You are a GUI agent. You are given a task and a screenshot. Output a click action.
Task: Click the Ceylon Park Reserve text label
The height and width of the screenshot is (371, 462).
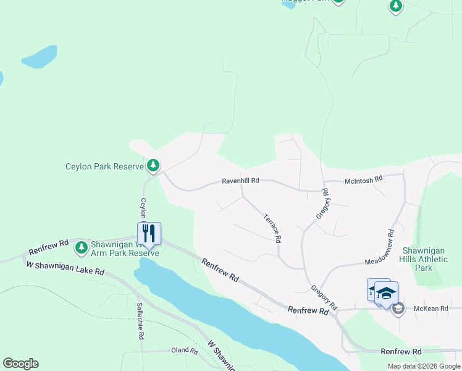pyautogui.click(x=105, y=166)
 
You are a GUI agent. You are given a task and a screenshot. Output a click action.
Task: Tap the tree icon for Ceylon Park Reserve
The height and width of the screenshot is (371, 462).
pyautogui.click(x=153, y=166)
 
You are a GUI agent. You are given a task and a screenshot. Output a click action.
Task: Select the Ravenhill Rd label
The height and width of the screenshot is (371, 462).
pyautogui.click(x=240, y=181)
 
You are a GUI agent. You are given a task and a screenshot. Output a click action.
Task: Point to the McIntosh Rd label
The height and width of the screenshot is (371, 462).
pyautogui.click(x=364, y=178)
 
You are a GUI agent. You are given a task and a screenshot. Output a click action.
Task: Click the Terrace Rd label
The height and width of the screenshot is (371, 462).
pyautogui.click(x=272, y=228)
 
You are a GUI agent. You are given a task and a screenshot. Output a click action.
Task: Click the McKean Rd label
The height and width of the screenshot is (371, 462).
pyautogui.click(x=426, y=307)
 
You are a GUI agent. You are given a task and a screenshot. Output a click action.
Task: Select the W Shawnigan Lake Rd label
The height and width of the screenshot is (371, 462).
pyautogui.click(x=65, y=268)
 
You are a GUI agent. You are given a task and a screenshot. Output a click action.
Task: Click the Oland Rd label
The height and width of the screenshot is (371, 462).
pyautogui.click(x=185, y=351)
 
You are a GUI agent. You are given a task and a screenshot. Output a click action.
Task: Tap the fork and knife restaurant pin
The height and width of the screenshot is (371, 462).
pyautogui.click(x=149, y=233)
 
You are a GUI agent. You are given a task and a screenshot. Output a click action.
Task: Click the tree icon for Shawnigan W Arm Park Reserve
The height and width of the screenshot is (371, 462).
pyautogui.click(x=81, y=248)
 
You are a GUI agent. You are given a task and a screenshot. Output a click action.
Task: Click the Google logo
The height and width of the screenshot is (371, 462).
pyautogui.click(x=20, y=364)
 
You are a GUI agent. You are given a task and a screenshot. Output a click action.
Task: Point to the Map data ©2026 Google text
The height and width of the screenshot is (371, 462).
pyautogui.click(x=424, y=366)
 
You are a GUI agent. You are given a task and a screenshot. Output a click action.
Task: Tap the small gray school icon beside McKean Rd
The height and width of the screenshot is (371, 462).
pyautogui.click(x=398, y=308)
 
